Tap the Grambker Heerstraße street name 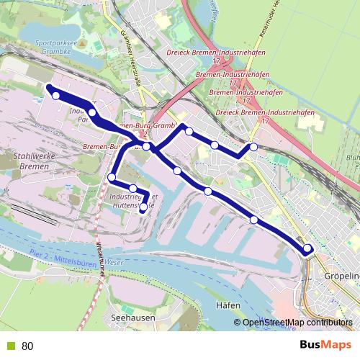(130, 58)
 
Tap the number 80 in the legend (27, 346)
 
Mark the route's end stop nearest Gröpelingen (308, 249)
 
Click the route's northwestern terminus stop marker (55, 95)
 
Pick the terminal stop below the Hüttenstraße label (143, 207)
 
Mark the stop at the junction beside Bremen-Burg (146, 146)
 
